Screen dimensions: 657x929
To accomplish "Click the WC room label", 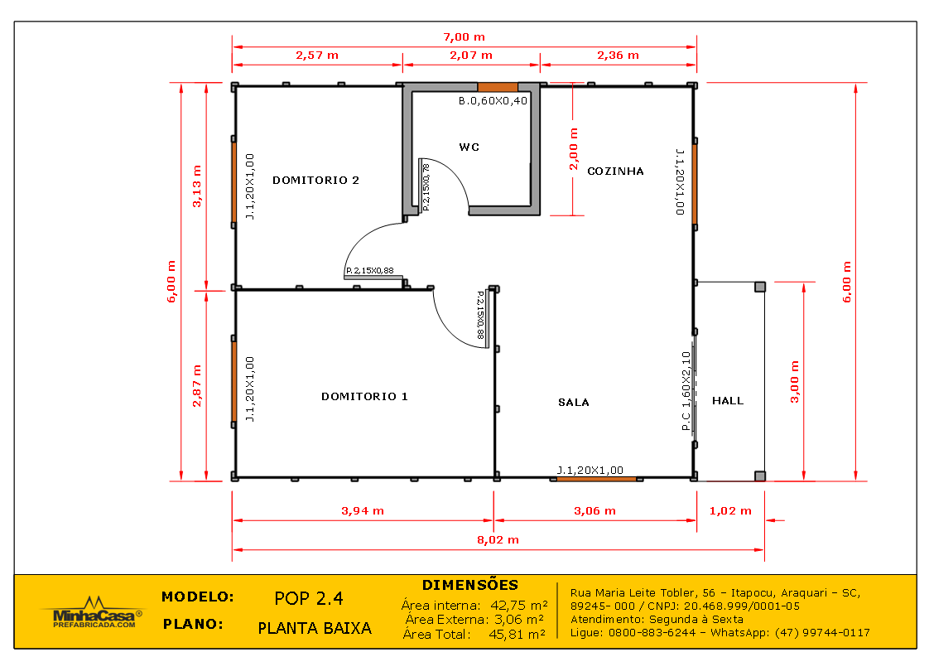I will [469, 147].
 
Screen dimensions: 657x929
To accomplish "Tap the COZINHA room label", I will [615, 171].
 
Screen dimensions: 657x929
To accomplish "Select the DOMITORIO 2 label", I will [315, 180].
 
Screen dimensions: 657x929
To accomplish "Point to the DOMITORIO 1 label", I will [364, 397].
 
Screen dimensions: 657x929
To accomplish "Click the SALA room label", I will [573, 403].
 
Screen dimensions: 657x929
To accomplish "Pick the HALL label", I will [728, 401].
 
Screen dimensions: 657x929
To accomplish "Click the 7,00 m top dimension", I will [464, 36].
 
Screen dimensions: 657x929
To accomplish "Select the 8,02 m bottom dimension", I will [498, 539].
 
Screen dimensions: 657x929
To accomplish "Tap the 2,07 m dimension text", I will [471, 56].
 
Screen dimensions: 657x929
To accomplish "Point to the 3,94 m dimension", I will [363, 511].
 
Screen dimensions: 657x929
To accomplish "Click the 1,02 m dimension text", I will [730, 511].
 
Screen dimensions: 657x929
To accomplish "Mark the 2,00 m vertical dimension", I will [574, 149].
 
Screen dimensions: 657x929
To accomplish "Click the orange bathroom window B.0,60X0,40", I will [498, 86].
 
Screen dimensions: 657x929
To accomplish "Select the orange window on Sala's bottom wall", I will [596, 478].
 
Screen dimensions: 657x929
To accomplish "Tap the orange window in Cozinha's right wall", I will [695, 184].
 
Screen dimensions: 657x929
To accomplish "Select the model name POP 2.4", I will [308, 598].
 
